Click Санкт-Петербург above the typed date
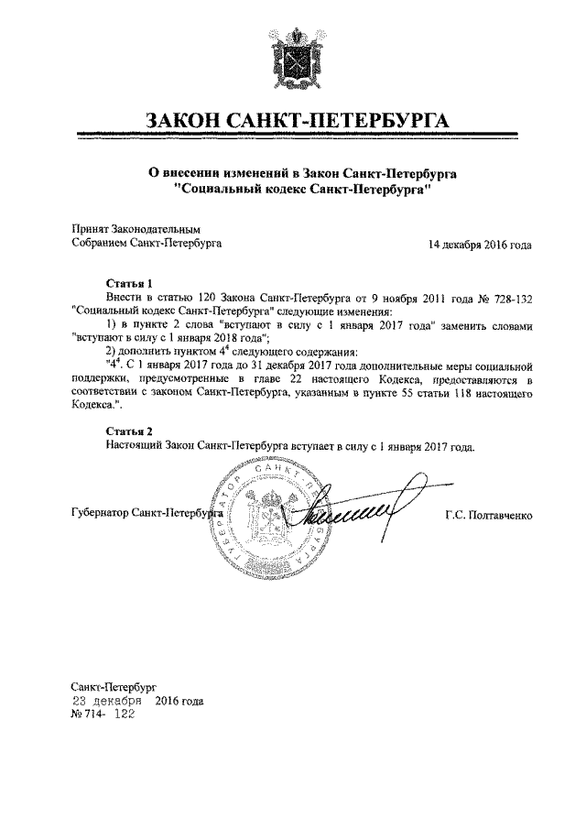pos(114,686)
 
